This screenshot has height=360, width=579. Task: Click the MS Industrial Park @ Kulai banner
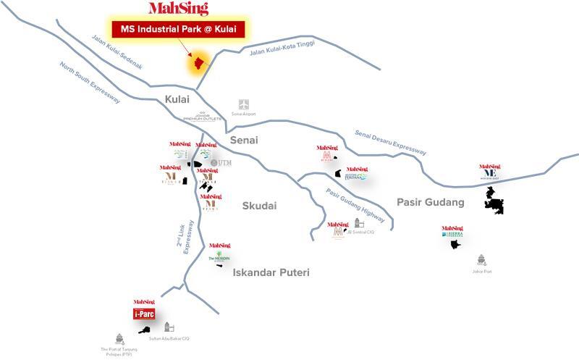click(178, 30)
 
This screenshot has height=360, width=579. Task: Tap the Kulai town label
click(177, 99)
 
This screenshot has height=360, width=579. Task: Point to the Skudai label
click(259, 206)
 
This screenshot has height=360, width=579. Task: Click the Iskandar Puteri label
click(271, 272)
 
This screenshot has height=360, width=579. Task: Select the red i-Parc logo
click(144, 314)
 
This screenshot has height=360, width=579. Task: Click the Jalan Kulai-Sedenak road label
click(117, 52)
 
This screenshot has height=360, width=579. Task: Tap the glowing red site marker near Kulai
click(196, 64)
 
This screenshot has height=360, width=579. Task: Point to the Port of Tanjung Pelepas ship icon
click(119, 338)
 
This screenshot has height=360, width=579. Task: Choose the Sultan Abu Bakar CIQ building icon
click(169, 327)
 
